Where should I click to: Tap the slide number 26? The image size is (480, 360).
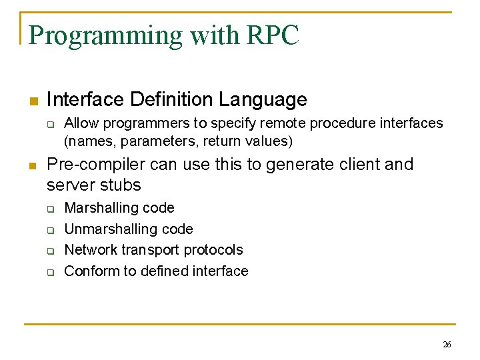[447, 345]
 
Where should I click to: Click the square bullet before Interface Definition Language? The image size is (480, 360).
[32, 101]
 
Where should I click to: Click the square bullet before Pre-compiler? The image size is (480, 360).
[32, 165]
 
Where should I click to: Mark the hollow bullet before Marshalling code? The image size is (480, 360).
[49, 209]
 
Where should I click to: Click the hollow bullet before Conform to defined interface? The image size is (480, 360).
[49, 271]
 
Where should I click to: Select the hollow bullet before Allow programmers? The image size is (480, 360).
[49, 124]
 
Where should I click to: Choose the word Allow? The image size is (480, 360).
[80, 123]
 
